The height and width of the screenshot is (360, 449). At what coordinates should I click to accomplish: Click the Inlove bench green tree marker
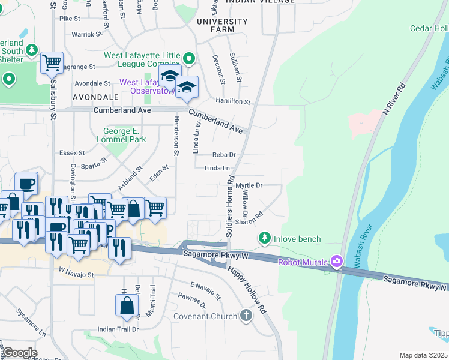[x=264, y=239]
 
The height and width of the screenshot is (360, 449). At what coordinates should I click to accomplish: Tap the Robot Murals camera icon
[x=336, y=261]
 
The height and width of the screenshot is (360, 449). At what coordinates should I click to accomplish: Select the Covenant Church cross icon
[x=246, y=316]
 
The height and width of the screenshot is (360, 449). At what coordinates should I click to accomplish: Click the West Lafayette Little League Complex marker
[x=189, y=58]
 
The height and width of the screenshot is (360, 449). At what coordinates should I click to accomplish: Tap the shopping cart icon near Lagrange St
[x=52, y=62]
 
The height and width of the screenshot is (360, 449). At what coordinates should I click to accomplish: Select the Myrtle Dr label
[x=249, y=185]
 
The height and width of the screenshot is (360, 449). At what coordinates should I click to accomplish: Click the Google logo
[x=20, y=353]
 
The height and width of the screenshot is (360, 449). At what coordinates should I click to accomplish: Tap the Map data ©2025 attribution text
[x=424, y=355]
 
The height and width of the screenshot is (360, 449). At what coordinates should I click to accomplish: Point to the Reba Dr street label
[x=223, y=155]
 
